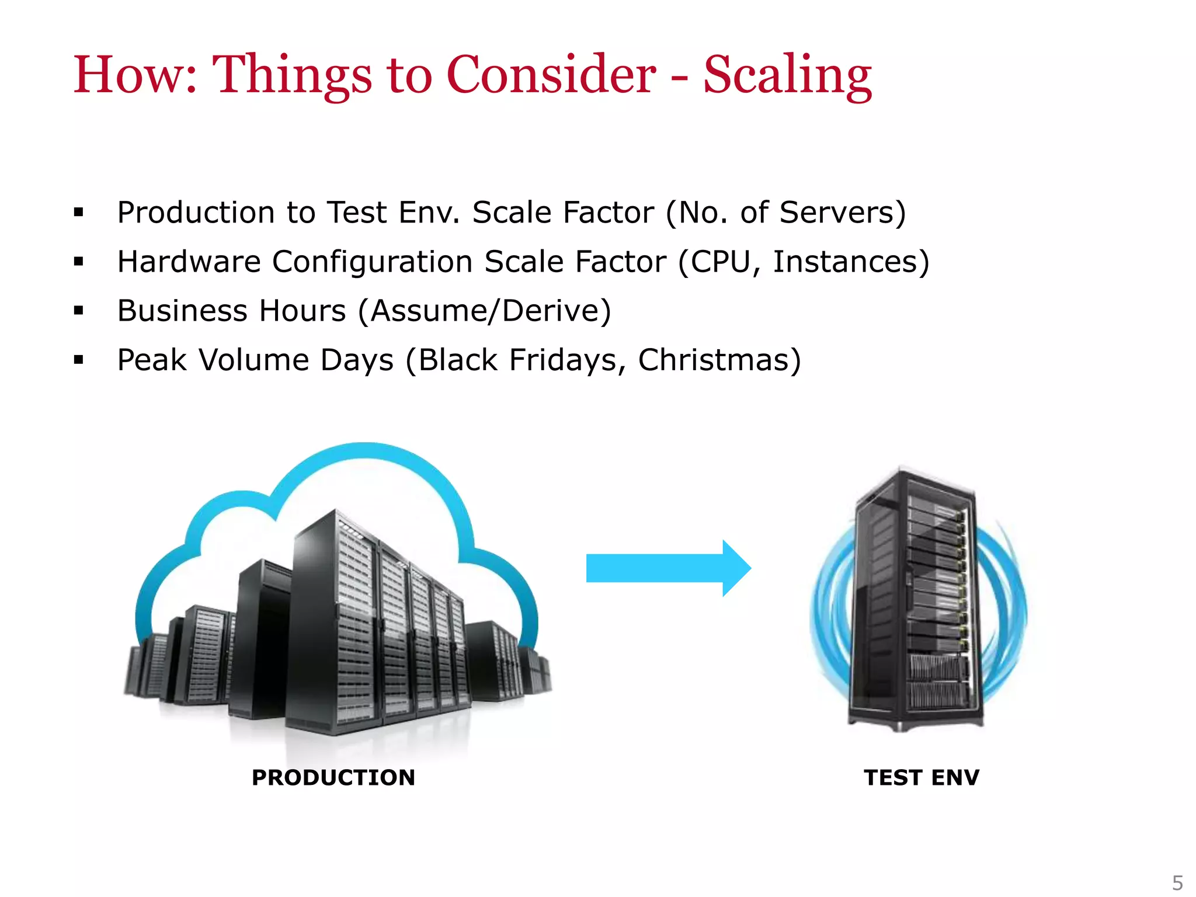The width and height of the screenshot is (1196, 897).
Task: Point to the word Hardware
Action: (x=189, y=261)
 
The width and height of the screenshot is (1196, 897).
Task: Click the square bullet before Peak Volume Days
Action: (x=79, y=360)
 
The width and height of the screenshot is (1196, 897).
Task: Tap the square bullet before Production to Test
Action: (x=79, y=213)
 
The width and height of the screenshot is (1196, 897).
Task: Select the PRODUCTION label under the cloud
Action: (x=333, y=777)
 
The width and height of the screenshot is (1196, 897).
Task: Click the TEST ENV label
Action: (x=922, y=777)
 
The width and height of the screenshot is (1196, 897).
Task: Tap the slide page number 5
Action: (x=1177, y=882)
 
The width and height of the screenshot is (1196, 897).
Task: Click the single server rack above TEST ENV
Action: (x=915, y=602)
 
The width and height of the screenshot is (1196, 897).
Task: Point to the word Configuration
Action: (x=372, y=261)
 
